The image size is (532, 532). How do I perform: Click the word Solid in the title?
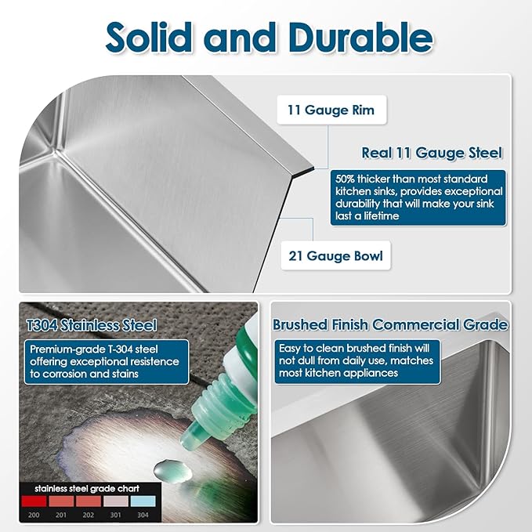pyautogui.click(x=148, y=37)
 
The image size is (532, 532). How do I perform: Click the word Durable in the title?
pyautogui.click(x=360, y=37)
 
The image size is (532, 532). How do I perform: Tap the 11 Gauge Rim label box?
pyautogui.click(x=331, y=110)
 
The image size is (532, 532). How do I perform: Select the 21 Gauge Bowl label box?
pyautogui.click(x=335, y=256)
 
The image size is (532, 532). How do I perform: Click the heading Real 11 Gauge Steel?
pyautogui.click(x=432, y=153)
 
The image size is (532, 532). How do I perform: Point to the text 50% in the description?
pyautogui.click(x=345, y=179)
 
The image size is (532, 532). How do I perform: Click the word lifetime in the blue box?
pyautogui.click(x=381, y=216)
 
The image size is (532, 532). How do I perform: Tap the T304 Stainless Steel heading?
pyautogui.click(x=92, y=325)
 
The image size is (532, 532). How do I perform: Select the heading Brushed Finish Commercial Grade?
pyautogui.click(x=390, y=324)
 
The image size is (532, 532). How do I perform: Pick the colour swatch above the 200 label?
pyautogui.click(x=34, y=501)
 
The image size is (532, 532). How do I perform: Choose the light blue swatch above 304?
pyautogui.click(x=143, y=501)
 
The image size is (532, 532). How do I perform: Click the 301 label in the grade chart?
pyautogui.click(x=116, y=515)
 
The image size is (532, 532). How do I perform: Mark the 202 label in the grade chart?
pyautogui.click(x=89, y=515)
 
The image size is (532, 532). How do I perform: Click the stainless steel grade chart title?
pyautogui.click(x=87, y=489)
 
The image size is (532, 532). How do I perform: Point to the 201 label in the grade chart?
pyautogui.click(x=61, y=515)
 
